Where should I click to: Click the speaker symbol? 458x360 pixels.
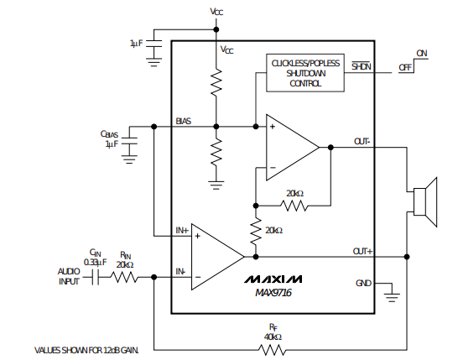coord(425,202)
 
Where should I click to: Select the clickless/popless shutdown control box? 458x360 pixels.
coord(305,73)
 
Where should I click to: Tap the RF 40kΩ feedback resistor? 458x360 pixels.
coord(273,349)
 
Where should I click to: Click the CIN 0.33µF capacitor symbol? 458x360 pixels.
coord(96,277)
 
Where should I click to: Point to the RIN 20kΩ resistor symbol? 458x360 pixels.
coord(124,277)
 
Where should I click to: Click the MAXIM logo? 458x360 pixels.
coord(273,279)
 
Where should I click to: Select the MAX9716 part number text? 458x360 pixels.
coord(273,293)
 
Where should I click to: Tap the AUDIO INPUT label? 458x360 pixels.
coord(69,276)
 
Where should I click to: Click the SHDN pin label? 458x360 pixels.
coord(362,66)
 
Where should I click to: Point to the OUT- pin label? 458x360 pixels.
coord(362,142)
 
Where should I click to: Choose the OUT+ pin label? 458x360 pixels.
coord(362,251)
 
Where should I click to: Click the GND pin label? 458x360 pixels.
coord(363,283)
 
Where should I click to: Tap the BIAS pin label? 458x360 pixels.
coord(184,121)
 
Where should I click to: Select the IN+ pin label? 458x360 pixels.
coord(182,231)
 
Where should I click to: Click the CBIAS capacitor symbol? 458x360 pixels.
coord(129,141)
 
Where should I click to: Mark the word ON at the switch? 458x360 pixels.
coord(422,53)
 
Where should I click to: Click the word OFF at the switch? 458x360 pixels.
coord(405,67)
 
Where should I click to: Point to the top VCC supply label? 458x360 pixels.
coord(216,12)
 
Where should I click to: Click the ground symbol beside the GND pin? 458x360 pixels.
coord(392,297)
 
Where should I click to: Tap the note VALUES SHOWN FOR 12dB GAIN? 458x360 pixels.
coord(86,350)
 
